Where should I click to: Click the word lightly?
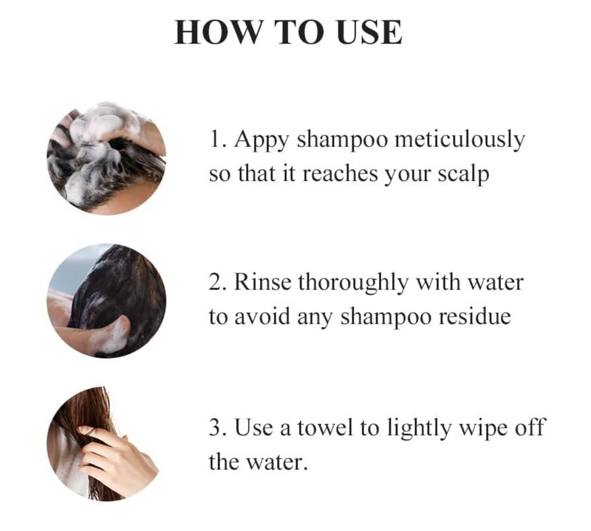pos(420,428)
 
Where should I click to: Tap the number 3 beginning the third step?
pos(213,427)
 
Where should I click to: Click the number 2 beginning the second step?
pos(213,282)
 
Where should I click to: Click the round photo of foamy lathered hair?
pos(106,157)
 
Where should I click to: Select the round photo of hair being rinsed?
pos(106,302)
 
